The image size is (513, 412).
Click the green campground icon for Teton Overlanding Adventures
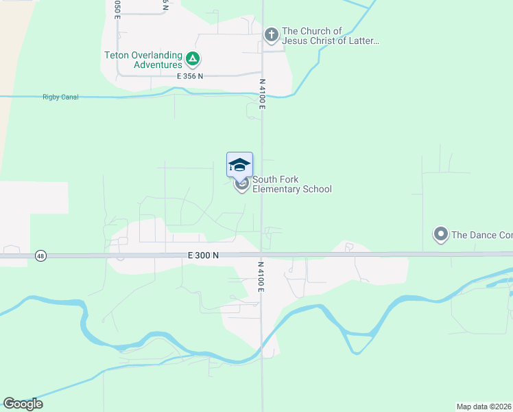(x=193, y=59)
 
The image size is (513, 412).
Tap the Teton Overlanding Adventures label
(x=143, y=60)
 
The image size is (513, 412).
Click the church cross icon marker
(x=271, y=34)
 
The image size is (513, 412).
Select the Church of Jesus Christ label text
(x=330, y=36)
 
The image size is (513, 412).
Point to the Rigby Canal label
(x=60, y=98)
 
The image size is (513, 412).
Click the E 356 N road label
(x=190, y=76)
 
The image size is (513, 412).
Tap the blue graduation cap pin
(x=239, y=165)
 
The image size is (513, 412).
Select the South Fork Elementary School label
(x=292, y=185)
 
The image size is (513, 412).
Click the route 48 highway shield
(x=41, y=255)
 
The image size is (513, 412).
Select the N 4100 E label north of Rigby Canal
(x=261, y=93)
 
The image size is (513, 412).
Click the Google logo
(x=23, y=404)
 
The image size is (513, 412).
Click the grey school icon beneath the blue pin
(x=241, y=184)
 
